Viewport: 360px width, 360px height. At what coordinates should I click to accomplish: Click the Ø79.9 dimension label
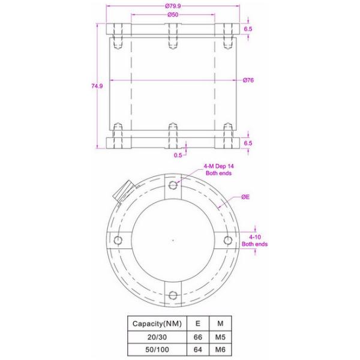(173, 5)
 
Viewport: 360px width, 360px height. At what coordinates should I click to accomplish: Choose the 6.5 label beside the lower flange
(248, 143)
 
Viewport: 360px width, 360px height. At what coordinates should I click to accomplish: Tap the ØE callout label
(246, 196)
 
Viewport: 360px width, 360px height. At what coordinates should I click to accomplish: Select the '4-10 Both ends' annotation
(254, 241)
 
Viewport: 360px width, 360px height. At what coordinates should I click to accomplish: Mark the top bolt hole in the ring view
(173, 184)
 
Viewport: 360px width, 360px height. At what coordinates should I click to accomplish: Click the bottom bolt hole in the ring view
(173, 294)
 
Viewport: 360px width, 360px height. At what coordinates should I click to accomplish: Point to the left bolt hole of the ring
(118, 240)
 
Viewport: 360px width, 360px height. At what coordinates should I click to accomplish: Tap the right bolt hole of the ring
(227, 240)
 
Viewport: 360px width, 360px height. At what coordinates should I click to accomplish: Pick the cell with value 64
(198, 349)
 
